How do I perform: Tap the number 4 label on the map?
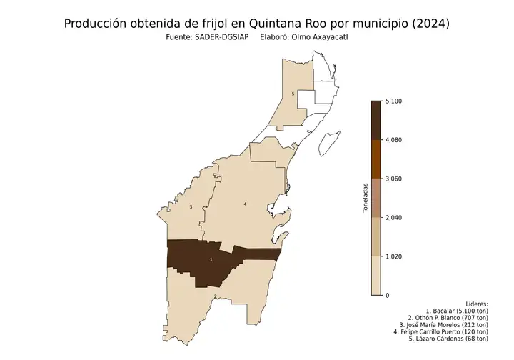point(246,204)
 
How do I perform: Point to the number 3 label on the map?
point(191,207)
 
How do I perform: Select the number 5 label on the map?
point(293,94)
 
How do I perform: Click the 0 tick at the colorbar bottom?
point(388,295)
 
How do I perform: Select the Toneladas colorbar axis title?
point(365,198)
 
